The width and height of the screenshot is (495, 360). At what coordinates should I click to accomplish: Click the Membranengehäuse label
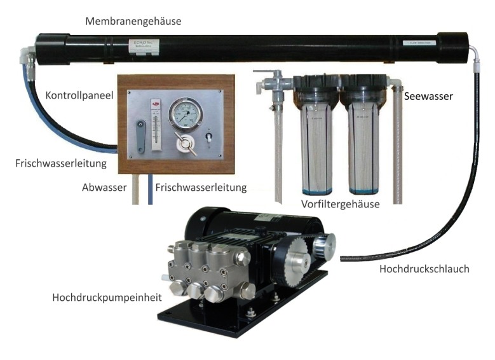(133, 21)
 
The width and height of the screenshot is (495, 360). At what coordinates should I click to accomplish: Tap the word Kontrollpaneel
(79, 95)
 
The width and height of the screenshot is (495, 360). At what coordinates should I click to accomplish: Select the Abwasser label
(105, 188)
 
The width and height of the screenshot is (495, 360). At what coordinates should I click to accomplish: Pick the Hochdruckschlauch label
(424, 269)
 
